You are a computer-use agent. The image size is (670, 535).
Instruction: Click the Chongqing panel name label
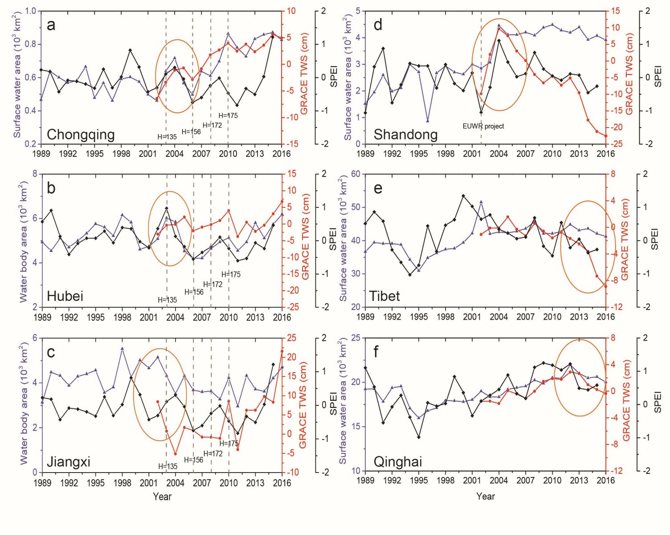pos(81,134)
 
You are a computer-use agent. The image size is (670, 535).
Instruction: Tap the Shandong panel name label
pos(405,134)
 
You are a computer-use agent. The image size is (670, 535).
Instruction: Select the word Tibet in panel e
pos(384,296)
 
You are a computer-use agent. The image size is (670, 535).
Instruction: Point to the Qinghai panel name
pos(397,461)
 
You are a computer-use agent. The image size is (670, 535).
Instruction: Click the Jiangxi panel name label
pos(69,461)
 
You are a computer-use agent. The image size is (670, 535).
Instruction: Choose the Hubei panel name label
pos(65,296)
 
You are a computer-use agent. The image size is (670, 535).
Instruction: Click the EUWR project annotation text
pos(483,126)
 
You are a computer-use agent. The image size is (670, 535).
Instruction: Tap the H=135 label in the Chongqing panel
pos(167,137)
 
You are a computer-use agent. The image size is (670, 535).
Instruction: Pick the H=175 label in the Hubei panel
pos(231,274)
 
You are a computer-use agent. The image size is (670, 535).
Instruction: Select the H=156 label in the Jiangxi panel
pos(194,460)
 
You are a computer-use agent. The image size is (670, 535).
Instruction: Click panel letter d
pos(378,25)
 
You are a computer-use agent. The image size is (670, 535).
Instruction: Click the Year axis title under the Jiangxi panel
pos(162,496)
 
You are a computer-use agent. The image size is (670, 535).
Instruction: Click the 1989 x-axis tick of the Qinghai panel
pos(365,480)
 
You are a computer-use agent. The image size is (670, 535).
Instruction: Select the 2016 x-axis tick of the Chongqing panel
pos(282,153)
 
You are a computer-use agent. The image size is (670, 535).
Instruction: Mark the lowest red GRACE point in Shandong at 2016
pos(606,136)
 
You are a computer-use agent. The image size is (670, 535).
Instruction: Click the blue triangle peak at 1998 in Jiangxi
pos(122,349)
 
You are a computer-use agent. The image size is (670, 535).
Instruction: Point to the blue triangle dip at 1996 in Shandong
pos(428,121)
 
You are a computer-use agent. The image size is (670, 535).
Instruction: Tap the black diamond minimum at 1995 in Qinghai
pos(419,437)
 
